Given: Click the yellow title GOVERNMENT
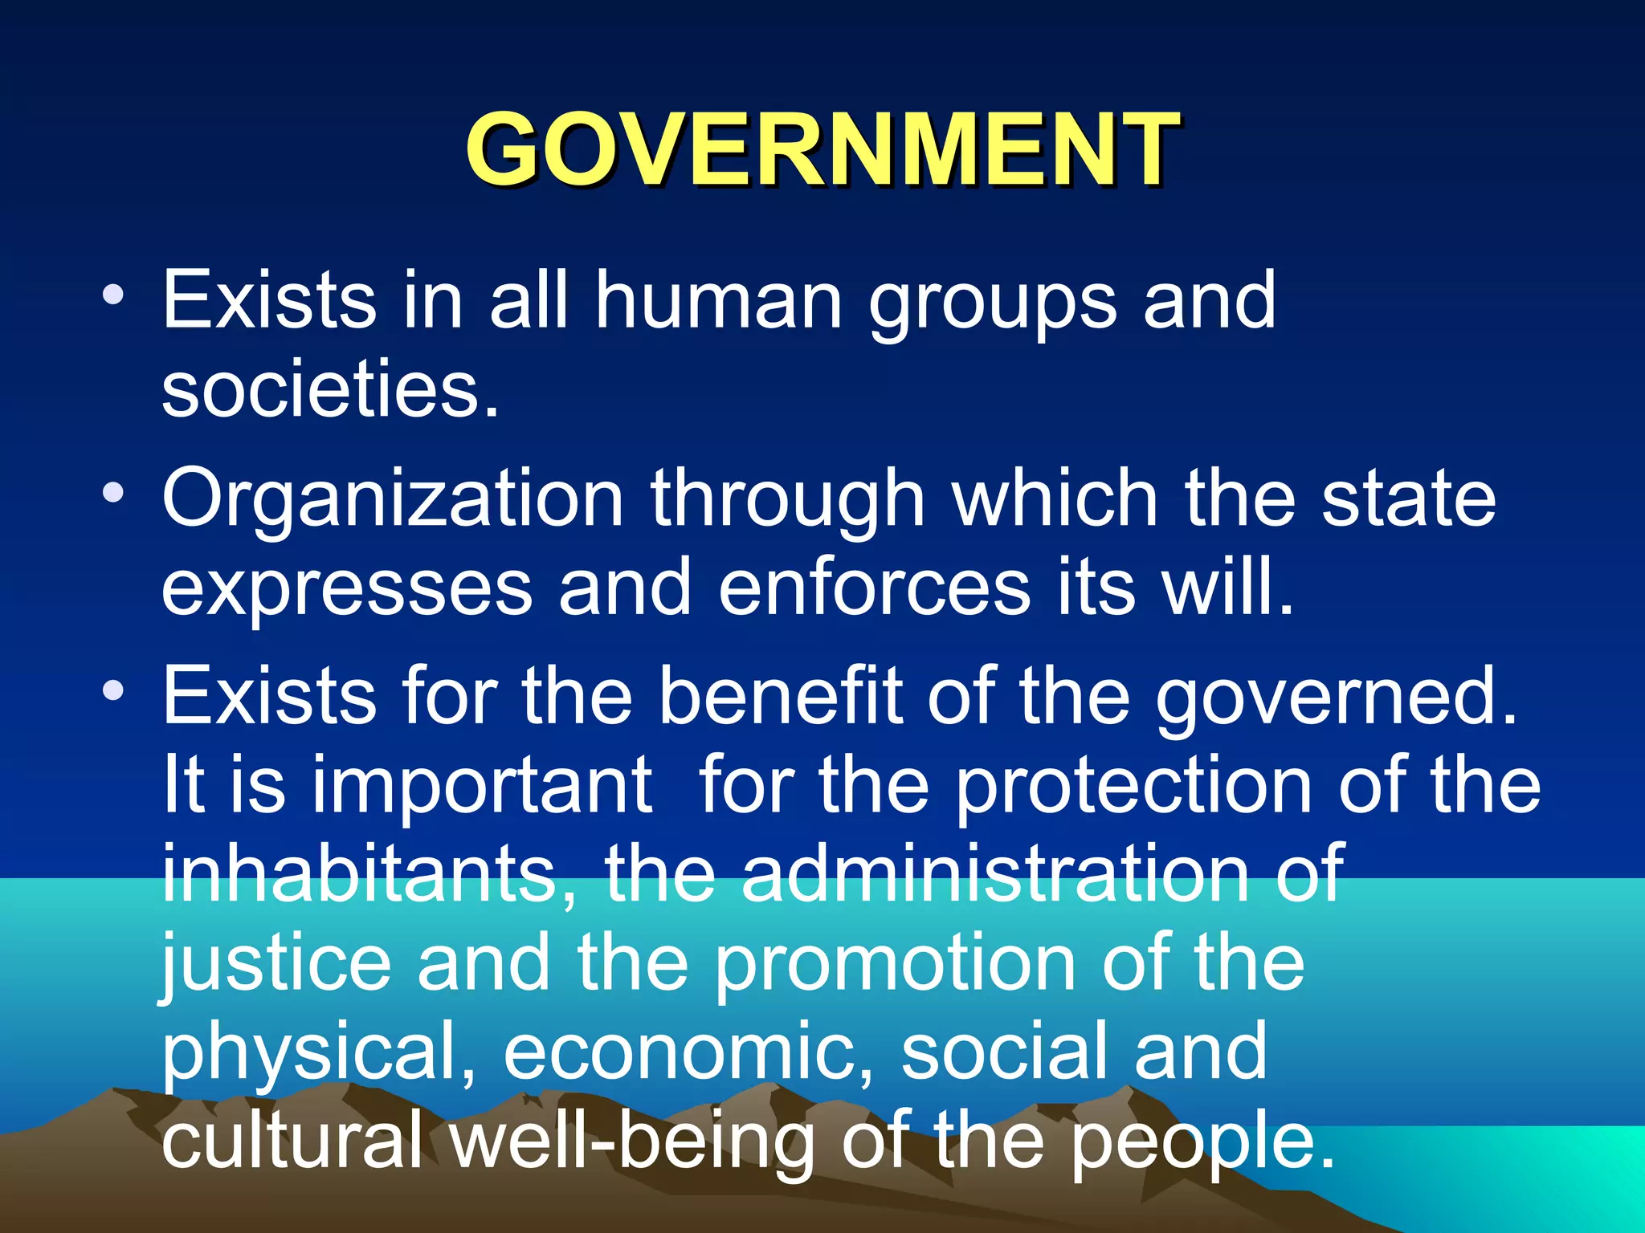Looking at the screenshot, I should coord(822,149).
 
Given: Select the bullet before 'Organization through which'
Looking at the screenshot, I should coord(113,493).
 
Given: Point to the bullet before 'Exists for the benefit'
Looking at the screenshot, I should coord(113,690).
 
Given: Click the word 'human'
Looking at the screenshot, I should coord(718,300).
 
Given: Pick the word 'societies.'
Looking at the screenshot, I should coord(330,389).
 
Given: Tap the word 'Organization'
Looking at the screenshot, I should coord(393,499).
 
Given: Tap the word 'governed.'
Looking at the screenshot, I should coord(1337,697).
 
